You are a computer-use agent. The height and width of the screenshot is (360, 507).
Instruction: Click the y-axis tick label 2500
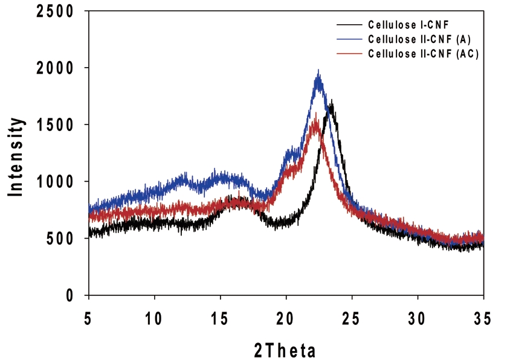[x=54, y=11]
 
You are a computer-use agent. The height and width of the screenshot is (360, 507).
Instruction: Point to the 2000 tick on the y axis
[x=54, y=68]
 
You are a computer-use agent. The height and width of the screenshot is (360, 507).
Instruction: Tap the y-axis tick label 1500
[x=54, y=125]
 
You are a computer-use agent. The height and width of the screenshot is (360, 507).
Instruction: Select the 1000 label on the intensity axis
[x=54, y=182]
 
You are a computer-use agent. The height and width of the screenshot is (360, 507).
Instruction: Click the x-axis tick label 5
[x=89, y=317]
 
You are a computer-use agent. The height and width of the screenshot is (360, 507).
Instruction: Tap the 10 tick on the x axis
[x=155, y=317]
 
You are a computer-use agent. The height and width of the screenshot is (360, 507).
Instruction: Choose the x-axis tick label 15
[x=221, y=317]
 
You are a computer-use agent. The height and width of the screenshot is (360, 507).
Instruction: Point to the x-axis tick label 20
[x=286, y=317]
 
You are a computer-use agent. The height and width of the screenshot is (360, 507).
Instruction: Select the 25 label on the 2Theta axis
[x=352, y=317]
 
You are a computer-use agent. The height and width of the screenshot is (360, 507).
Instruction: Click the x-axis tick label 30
[x=418, y=317]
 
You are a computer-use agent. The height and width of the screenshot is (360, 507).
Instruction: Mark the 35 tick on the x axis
[x=483, y=317]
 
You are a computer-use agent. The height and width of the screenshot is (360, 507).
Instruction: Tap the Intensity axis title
[x=16, y=155]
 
